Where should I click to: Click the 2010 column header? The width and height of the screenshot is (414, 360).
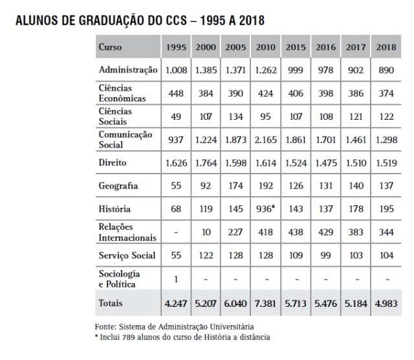[x=265, y=48]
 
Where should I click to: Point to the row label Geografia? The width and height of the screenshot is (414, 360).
[x=118, y=186]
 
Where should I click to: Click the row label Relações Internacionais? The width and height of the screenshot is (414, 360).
[x=127, y=232]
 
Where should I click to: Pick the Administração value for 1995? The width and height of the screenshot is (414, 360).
[x=177, y=70]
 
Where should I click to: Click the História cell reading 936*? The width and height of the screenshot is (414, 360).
[x=266, y=209]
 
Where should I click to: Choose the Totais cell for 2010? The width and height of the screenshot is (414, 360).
[x=265, y=303]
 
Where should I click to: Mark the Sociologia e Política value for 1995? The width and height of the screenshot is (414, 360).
[x=177, y=278]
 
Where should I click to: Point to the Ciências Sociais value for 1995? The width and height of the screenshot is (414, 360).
[x=177, y=117]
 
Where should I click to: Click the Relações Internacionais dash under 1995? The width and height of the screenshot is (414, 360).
[x=177, y=232]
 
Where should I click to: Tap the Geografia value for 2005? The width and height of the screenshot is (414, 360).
[x=235, y=186]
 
